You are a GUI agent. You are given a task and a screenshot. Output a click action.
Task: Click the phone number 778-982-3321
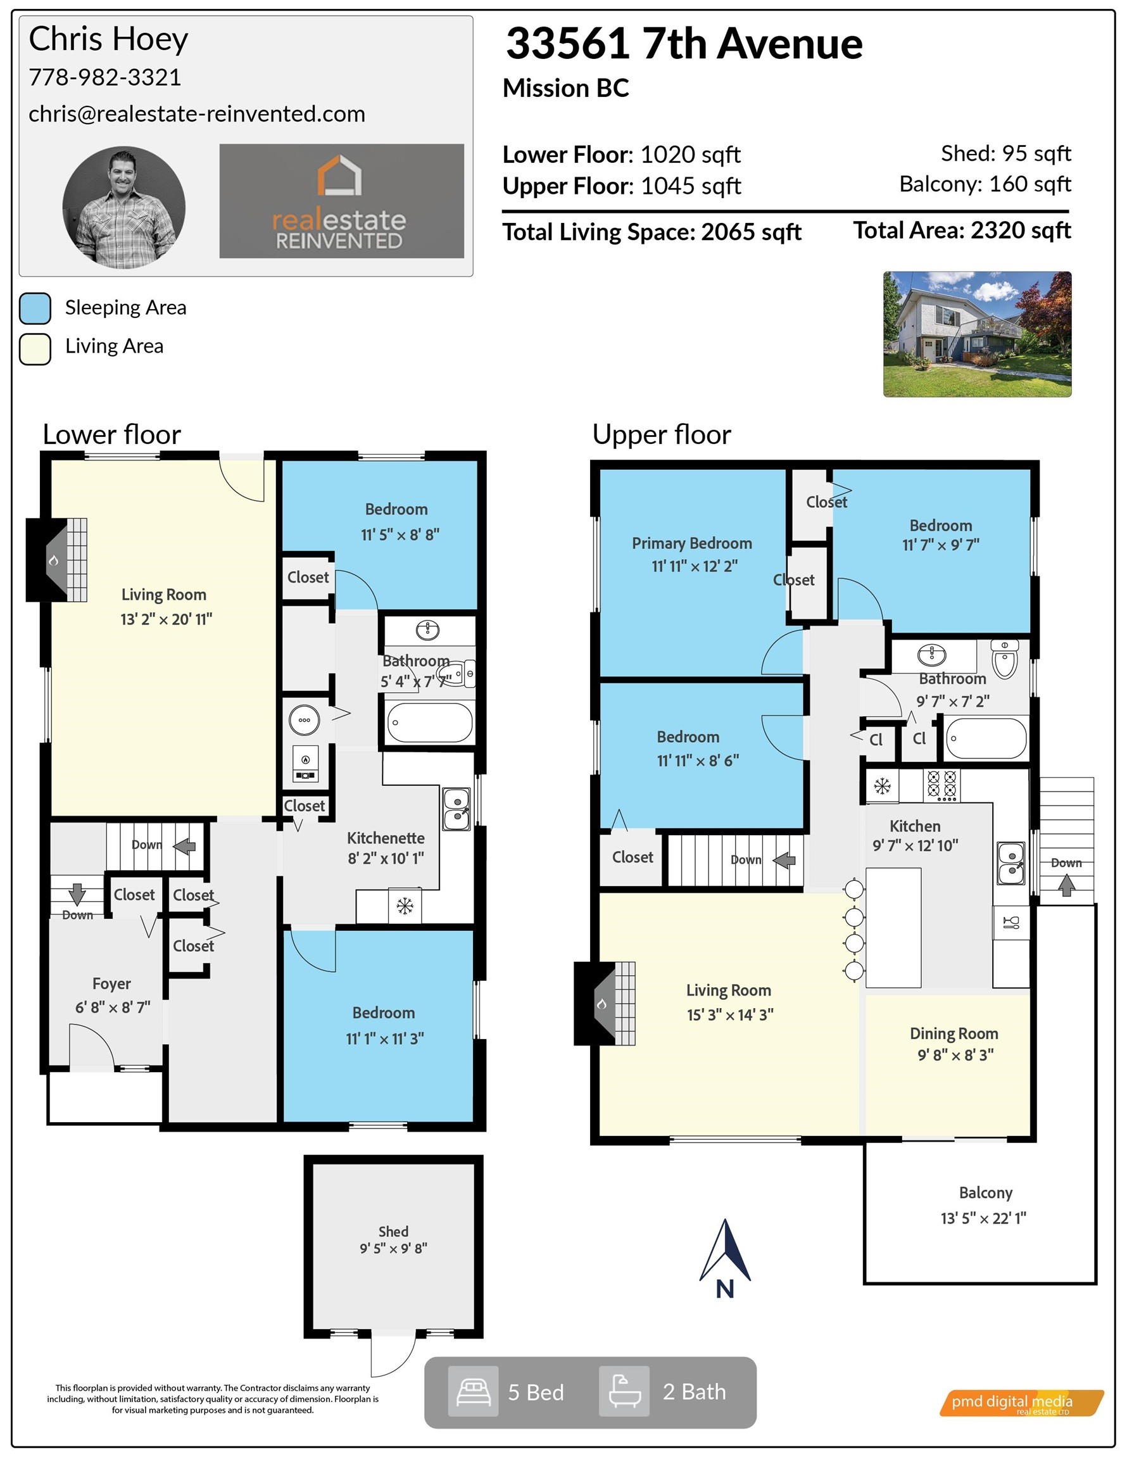105,77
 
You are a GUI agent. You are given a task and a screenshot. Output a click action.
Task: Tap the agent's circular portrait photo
123,208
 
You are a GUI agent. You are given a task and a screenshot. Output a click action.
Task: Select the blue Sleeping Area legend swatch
35,308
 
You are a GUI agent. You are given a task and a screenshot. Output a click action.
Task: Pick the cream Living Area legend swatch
35,349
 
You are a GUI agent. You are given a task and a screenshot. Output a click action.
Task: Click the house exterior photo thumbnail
977,334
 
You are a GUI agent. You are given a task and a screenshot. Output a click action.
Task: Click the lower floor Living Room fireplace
57,560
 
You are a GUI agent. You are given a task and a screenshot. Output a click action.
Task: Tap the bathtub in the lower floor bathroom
429,722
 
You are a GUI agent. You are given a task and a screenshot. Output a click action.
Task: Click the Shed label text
393,1231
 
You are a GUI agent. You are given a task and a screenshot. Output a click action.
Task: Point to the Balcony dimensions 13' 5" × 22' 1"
983,1218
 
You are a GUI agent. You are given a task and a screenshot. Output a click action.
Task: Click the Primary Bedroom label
692,543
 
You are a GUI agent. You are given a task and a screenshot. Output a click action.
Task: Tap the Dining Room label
954,1033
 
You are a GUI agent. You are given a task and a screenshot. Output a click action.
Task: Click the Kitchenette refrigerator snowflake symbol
405,906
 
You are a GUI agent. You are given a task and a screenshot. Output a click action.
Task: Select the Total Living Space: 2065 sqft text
652,232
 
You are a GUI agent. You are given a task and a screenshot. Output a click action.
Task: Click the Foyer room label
111,984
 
